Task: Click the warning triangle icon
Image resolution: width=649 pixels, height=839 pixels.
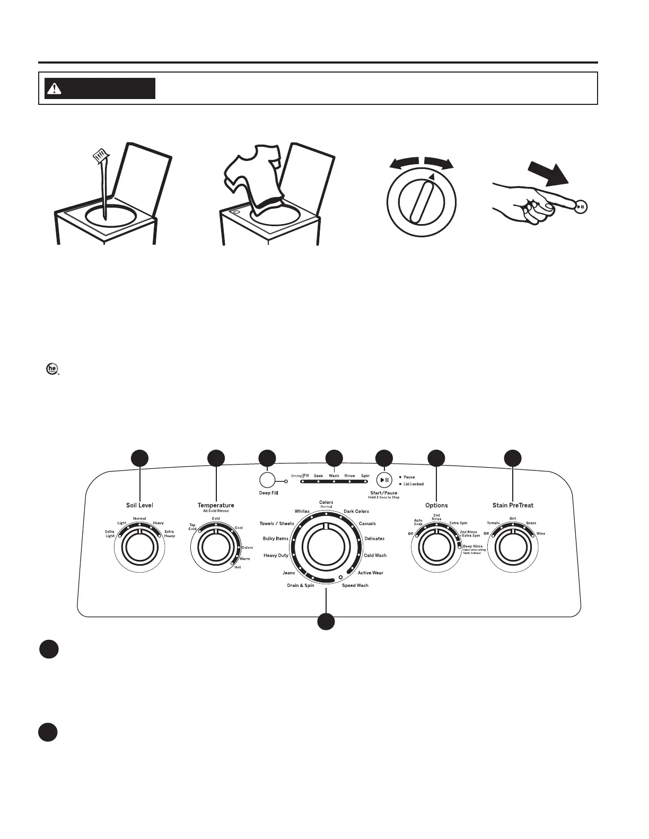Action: [x=54, y=88]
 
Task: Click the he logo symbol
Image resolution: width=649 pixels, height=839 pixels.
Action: [x=51, y=369]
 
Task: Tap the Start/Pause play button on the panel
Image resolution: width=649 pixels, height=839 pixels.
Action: [x=384, y=480]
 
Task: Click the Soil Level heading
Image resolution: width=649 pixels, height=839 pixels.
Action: [x=139, y=505]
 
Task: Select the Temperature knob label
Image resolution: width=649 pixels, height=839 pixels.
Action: [x=216, y=505]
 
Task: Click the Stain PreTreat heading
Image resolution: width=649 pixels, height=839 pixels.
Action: [x=513, y=505]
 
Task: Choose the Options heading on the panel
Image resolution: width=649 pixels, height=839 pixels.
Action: [x=436, y=505]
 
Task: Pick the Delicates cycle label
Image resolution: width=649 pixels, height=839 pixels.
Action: [x=374, y=539]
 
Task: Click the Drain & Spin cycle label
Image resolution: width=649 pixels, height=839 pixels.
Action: [x=301, y=585]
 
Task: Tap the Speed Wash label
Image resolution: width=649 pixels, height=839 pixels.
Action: [x=355, y=585]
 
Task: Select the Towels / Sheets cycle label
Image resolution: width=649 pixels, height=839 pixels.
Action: [x=277, y=523]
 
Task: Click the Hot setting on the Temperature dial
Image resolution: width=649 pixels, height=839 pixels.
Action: [x=238, y=567]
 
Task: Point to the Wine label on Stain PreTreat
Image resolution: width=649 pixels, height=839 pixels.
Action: [x=540, y=533]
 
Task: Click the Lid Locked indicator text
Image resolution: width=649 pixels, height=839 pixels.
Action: [x=414, y=484]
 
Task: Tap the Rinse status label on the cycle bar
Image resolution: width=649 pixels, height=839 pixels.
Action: [x=349, y=476]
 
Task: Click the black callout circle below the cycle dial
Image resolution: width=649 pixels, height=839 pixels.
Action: [x=326, y=621]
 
